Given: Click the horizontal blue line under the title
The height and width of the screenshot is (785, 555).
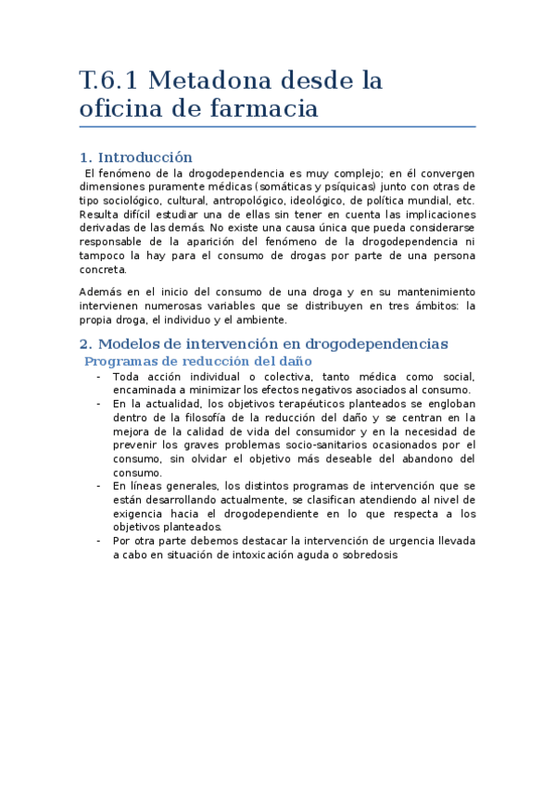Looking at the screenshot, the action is tap(277, 127).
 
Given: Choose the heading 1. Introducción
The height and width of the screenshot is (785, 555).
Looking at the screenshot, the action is tap(136, 157).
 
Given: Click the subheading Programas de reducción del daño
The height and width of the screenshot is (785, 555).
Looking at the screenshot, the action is tap(198, 361).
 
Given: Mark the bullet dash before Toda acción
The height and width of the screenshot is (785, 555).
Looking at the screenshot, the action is tap(98, 377).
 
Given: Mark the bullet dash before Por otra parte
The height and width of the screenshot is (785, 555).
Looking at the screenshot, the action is tap(98, 542).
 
